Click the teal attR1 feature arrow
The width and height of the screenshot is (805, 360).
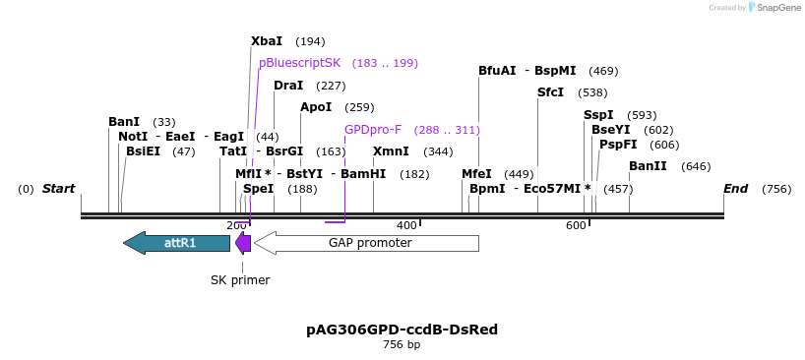pos(176,242)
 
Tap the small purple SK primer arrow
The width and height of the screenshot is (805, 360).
pos(243,242)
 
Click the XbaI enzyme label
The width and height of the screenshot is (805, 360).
pos(267,41)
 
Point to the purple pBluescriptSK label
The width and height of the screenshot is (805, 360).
pos(299,63)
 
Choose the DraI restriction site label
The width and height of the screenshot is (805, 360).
pos(288,86)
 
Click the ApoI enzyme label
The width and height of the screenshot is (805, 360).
pos(316,107)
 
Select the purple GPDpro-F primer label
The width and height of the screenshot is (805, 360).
pos(373,130)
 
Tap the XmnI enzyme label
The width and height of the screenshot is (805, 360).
pos(391,151)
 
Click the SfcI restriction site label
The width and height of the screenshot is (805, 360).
pos(550,92)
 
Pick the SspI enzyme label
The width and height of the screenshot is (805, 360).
pos(598,115)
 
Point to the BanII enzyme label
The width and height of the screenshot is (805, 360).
pos(648,166)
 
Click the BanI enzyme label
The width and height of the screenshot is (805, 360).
pos(124,122)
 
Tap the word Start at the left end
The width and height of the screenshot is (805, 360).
pos(58,189)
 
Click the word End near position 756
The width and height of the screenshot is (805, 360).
pos(735,189)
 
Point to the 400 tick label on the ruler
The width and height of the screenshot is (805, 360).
pos(406,226)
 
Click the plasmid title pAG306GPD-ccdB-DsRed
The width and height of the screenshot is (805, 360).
pos(402,330)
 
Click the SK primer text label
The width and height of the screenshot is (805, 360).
pos(240,280)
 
